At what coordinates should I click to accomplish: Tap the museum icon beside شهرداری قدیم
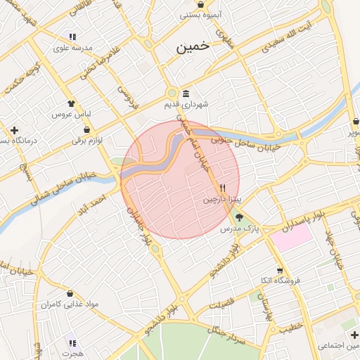[x=186, y=94]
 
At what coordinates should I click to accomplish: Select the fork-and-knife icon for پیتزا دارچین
[x=223, y=188]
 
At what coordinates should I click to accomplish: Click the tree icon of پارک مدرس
[x=239, y=217]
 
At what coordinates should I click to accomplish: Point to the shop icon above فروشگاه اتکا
[x=280, y=270]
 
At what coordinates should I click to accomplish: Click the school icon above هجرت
[x=72, y=343]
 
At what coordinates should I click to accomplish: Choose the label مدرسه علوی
[x=69, y=49]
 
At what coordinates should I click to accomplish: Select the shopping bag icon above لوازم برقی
[x=86, y=130]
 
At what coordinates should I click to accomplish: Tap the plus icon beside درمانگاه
[x=14, y=130]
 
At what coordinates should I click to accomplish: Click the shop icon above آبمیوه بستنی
[x=201, y=4]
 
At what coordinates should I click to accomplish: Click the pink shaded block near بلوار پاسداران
[x=291, y=236]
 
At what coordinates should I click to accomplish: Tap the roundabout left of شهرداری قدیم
[x=172, y=93]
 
